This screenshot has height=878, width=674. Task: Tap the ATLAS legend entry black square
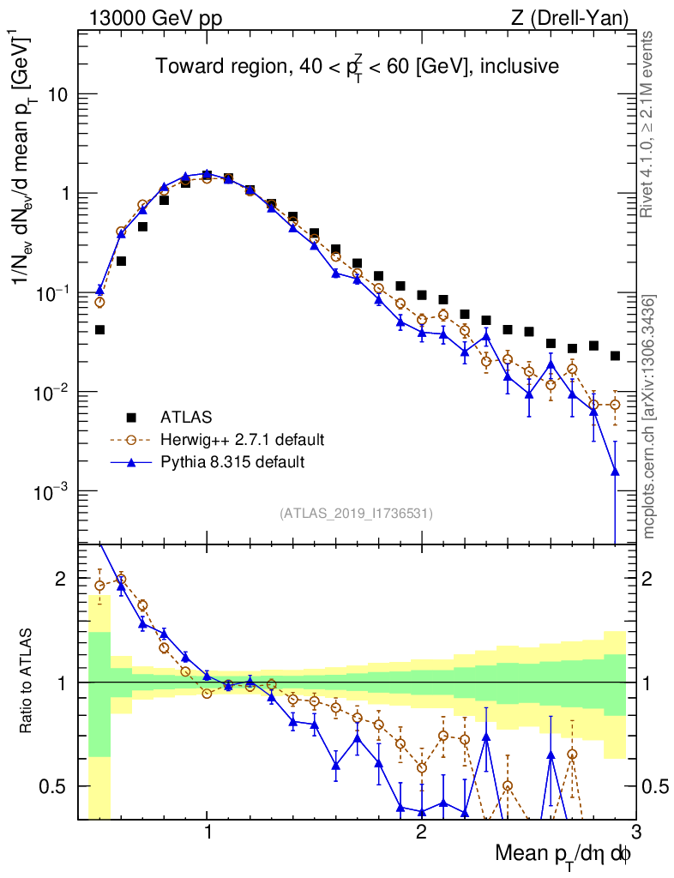pyautogui.click(x=131, y=418)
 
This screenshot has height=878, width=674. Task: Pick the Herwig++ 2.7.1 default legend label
pyautogui.click(x=243, y=440)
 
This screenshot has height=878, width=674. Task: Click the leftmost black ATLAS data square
pyautogui.click(x=99, y=329)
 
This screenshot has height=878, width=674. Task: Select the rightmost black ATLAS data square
pyautogui.click(x=615, y=356)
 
